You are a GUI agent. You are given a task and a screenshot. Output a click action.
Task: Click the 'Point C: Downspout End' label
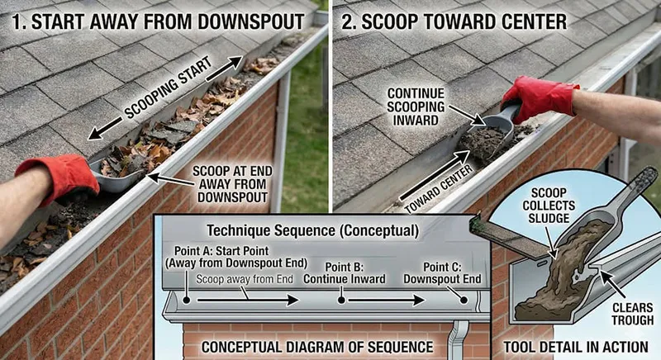click(x=441, y=273)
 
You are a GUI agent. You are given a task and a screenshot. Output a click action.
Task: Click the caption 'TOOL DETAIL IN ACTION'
click(x=574, y=346)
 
